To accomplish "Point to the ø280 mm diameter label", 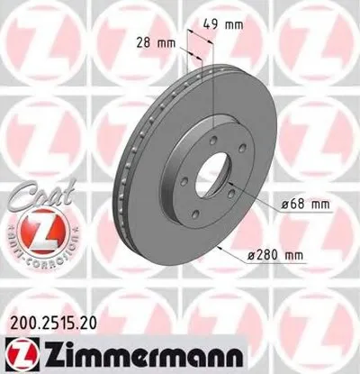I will pyautogui.click(x=274, y=256).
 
